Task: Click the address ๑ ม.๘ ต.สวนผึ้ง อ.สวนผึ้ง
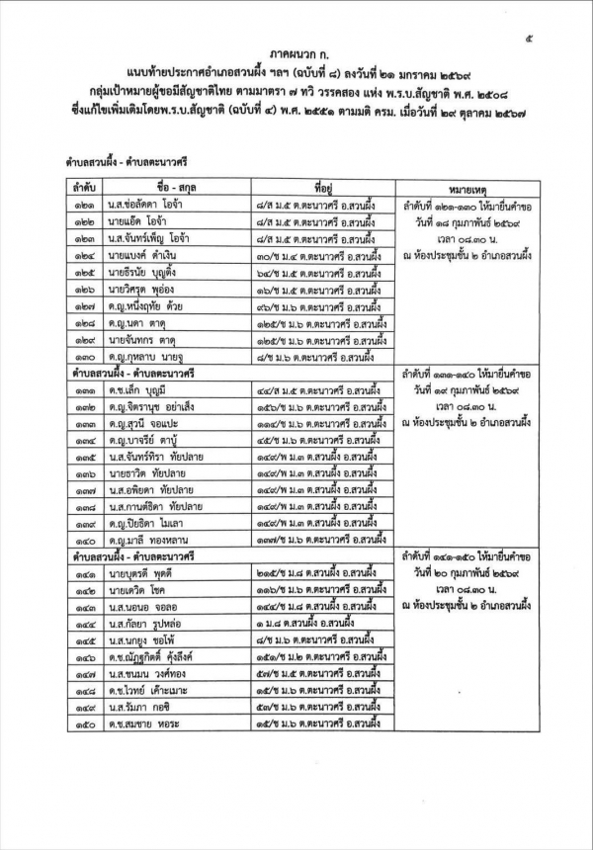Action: point(293,627)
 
